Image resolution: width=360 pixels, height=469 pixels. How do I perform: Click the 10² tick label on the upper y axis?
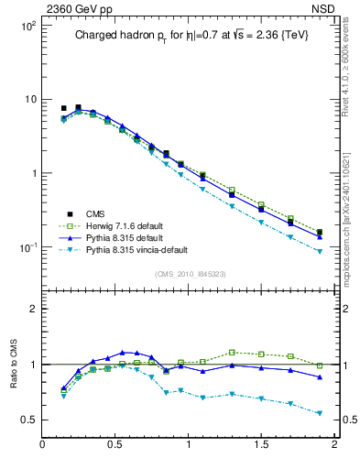coord(28,26)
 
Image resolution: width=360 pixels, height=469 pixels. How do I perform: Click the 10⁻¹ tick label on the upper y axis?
coord(28,247)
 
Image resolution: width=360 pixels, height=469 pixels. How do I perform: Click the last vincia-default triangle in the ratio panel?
coord(320,413)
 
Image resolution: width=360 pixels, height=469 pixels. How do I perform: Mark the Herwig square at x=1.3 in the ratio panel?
coord(232,352)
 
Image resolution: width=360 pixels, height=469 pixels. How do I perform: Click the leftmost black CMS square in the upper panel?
coord(63,108)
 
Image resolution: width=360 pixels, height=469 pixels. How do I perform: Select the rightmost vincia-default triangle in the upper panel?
coord(320,250)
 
